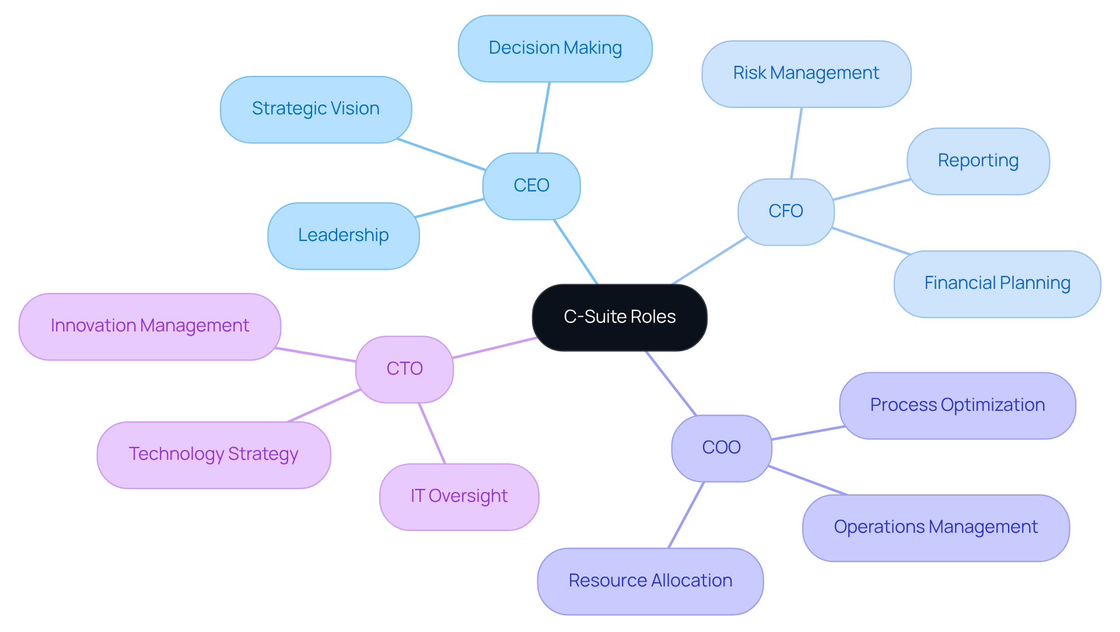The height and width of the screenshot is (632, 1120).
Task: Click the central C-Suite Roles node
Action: coord(619,317)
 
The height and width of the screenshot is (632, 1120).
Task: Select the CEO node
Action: coord(531,186)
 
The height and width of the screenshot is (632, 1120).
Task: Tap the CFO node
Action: coord(786,211)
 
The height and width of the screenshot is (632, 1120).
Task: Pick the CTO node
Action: coord(404,369)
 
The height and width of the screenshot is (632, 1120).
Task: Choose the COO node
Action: coord(722,448)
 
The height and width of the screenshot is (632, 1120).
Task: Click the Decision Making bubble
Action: coord(555,48)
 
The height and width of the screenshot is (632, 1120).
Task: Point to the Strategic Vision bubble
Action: coord(316,109)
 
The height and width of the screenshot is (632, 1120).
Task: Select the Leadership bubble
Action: coord(344,235)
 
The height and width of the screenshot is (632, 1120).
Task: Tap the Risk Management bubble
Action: coord(806,74)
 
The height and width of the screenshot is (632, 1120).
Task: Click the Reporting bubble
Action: coord(978,161)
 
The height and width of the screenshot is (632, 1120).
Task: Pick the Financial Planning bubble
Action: coord(997,284)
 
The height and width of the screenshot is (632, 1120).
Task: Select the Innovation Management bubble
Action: coord(150,326)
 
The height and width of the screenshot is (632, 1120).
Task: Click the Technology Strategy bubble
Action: coord(213,455)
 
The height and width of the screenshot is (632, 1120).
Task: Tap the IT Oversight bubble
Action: coord(459,497)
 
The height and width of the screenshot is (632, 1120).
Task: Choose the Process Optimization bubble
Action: coord(957,406)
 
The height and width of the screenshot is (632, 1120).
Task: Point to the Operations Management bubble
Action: coord(936,528)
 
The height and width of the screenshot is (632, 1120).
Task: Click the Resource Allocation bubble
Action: coord(650,581)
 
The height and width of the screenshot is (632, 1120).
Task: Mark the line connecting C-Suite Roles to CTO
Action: coord(495,348)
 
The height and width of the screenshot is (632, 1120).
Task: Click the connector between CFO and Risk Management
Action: coord(796,143)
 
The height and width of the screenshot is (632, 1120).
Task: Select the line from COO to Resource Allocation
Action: coord(686,515)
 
